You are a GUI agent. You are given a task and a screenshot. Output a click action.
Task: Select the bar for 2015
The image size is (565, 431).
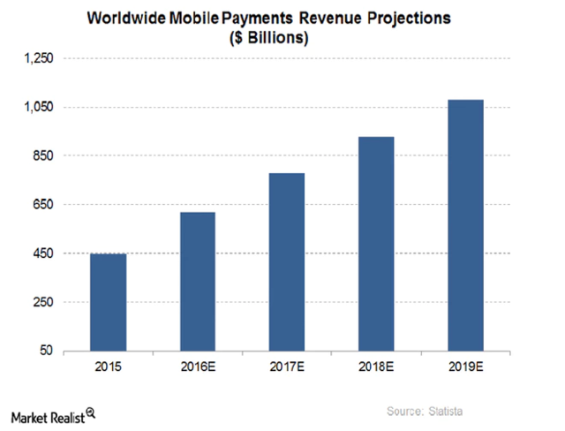point(108,302)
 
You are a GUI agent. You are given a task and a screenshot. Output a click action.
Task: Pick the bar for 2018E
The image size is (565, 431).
point(375,244)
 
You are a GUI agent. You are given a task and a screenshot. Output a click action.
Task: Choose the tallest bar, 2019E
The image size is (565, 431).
point(465,225)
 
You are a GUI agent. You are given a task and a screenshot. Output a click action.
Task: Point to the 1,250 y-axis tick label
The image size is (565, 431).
point(38,58)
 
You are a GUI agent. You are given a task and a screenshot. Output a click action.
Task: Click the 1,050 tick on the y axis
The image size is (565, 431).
point(38,107)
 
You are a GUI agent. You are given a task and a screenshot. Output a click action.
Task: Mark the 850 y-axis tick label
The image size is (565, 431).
point(42,156)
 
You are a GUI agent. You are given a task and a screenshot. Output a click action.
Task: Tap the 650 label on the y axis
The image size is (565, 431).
point(42,205)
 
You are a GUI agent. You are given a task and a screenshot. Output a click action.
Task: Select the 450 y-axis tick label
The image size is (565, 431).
point(42,253)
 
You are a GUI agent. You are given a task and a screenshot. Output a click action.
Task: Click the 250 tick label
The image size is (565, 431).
point(42,302)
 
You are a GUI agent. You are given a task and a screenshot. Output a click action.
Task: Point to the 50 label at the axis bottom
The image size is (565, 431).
point(46,352)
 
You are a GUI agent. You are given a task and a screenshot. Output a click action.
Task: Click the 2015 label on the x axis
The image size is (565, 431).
point(108,367)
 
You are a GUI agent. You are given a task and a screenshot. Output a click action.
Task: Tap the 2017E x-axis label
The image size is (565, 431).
point(286,367)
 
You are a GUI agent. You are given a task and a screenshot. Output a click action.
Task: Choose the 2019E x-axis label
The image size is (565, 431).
point(465,367)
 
